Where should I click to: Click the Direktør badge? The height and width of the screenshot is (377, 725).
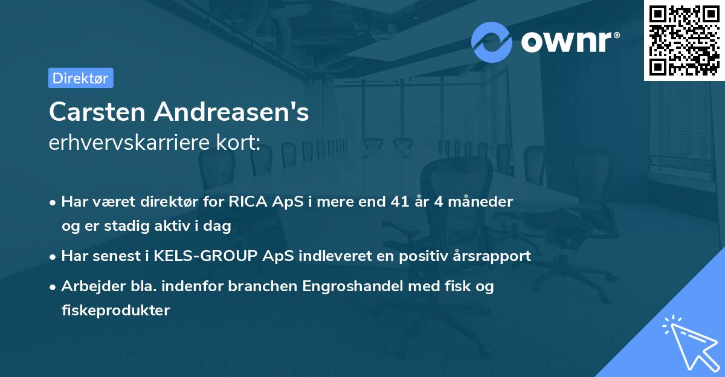[80, 78]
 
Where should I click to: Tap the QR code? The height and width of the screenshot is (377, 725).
[684, 40]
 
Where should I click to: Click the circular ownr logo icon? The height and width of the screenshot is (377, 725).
[492, 42]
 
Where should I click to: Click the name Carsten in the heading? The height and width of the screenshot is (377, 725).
[97, 112]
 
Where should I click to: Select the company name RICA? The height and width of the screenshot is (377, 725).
[249, 202]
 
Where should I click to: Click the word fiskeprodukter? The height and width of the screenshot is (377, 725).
[115, 311]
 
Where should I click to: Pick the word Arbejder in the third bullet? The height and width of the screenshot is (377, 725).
[87, 286]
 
